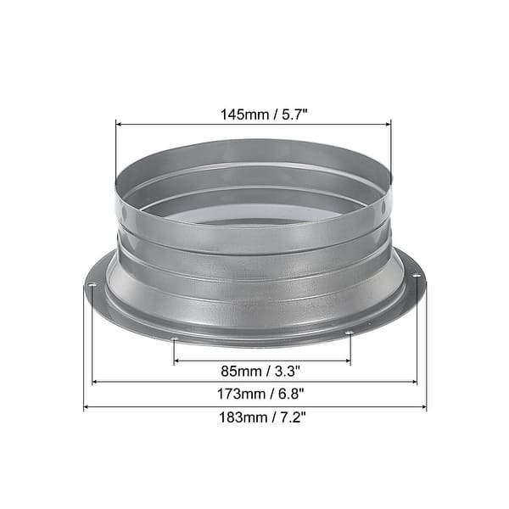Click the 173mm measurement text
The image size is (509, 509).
[228, 394]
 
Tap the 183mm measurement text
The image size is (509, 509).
[228, 419]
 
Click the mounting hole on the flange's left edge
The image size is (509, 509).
[91, 286]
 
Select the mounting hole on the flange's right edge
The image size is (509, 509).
[416, 275]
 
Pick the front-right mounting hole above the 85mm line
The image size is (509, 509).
[349, 334]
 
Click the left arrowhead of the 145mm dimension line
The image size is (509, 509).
[118, 124]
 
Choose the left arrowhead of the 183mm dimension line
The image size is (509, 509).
[87, 408]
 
